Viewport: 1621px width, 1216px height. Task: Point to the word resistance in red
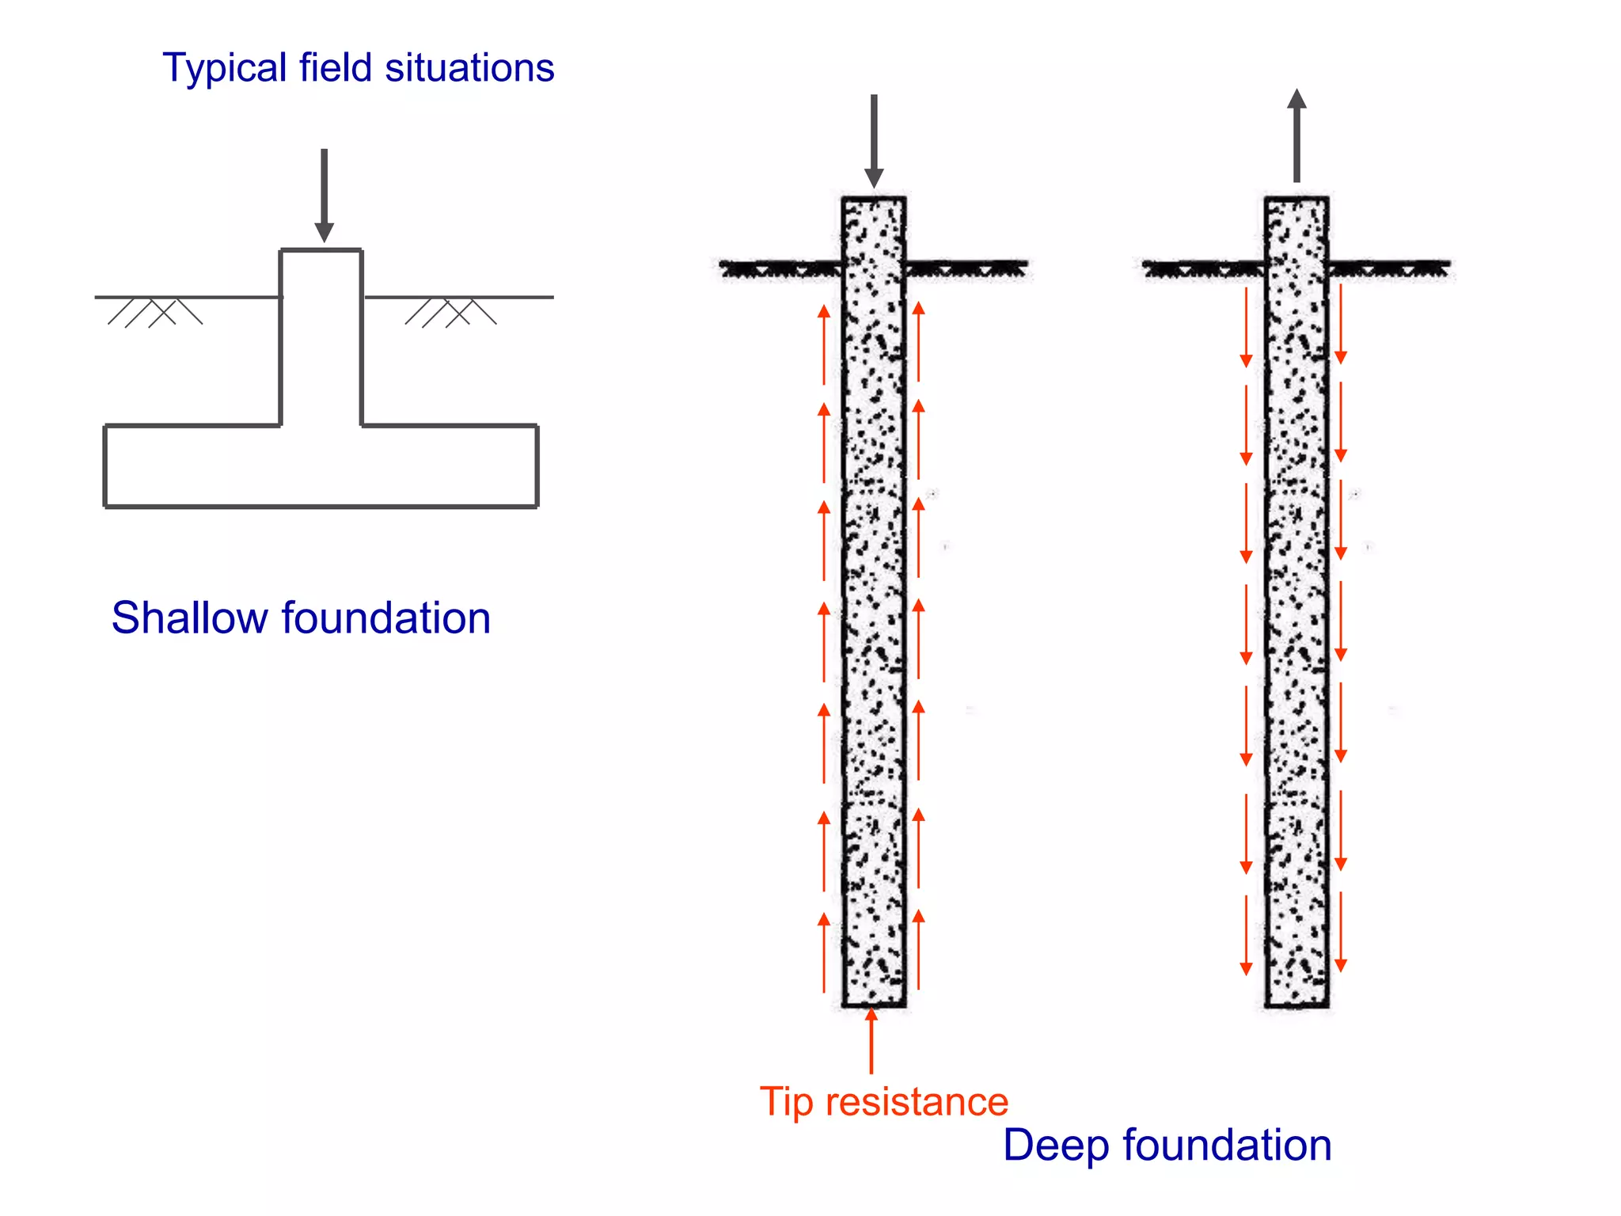[917, 1102]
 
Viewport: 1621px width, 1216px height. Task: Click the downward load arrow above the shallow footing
[324, 195]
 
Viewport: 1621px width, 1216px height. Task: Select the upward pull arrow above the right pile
[1296, 135]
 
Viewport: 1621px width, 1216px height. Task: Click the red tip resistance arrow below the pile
[871, 1040]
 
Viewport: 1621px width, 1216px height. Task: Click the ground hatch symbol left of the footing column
[155, 312]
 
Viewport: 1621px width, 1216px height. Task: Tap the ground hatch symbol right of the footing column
[450, 312]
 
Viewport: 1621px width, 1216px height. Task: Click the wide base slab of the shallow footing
[321, 466]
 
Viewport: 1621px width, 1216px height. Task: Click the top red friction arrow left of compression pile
[824, 345]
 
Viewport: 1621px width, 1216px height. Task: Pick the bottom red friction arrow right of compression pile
[919, 949]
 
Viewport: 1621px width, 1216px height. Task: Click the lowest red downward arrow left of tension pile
[1246, 934]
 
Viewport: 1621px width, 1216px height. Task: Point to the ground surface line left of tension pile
[1203, 268]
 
